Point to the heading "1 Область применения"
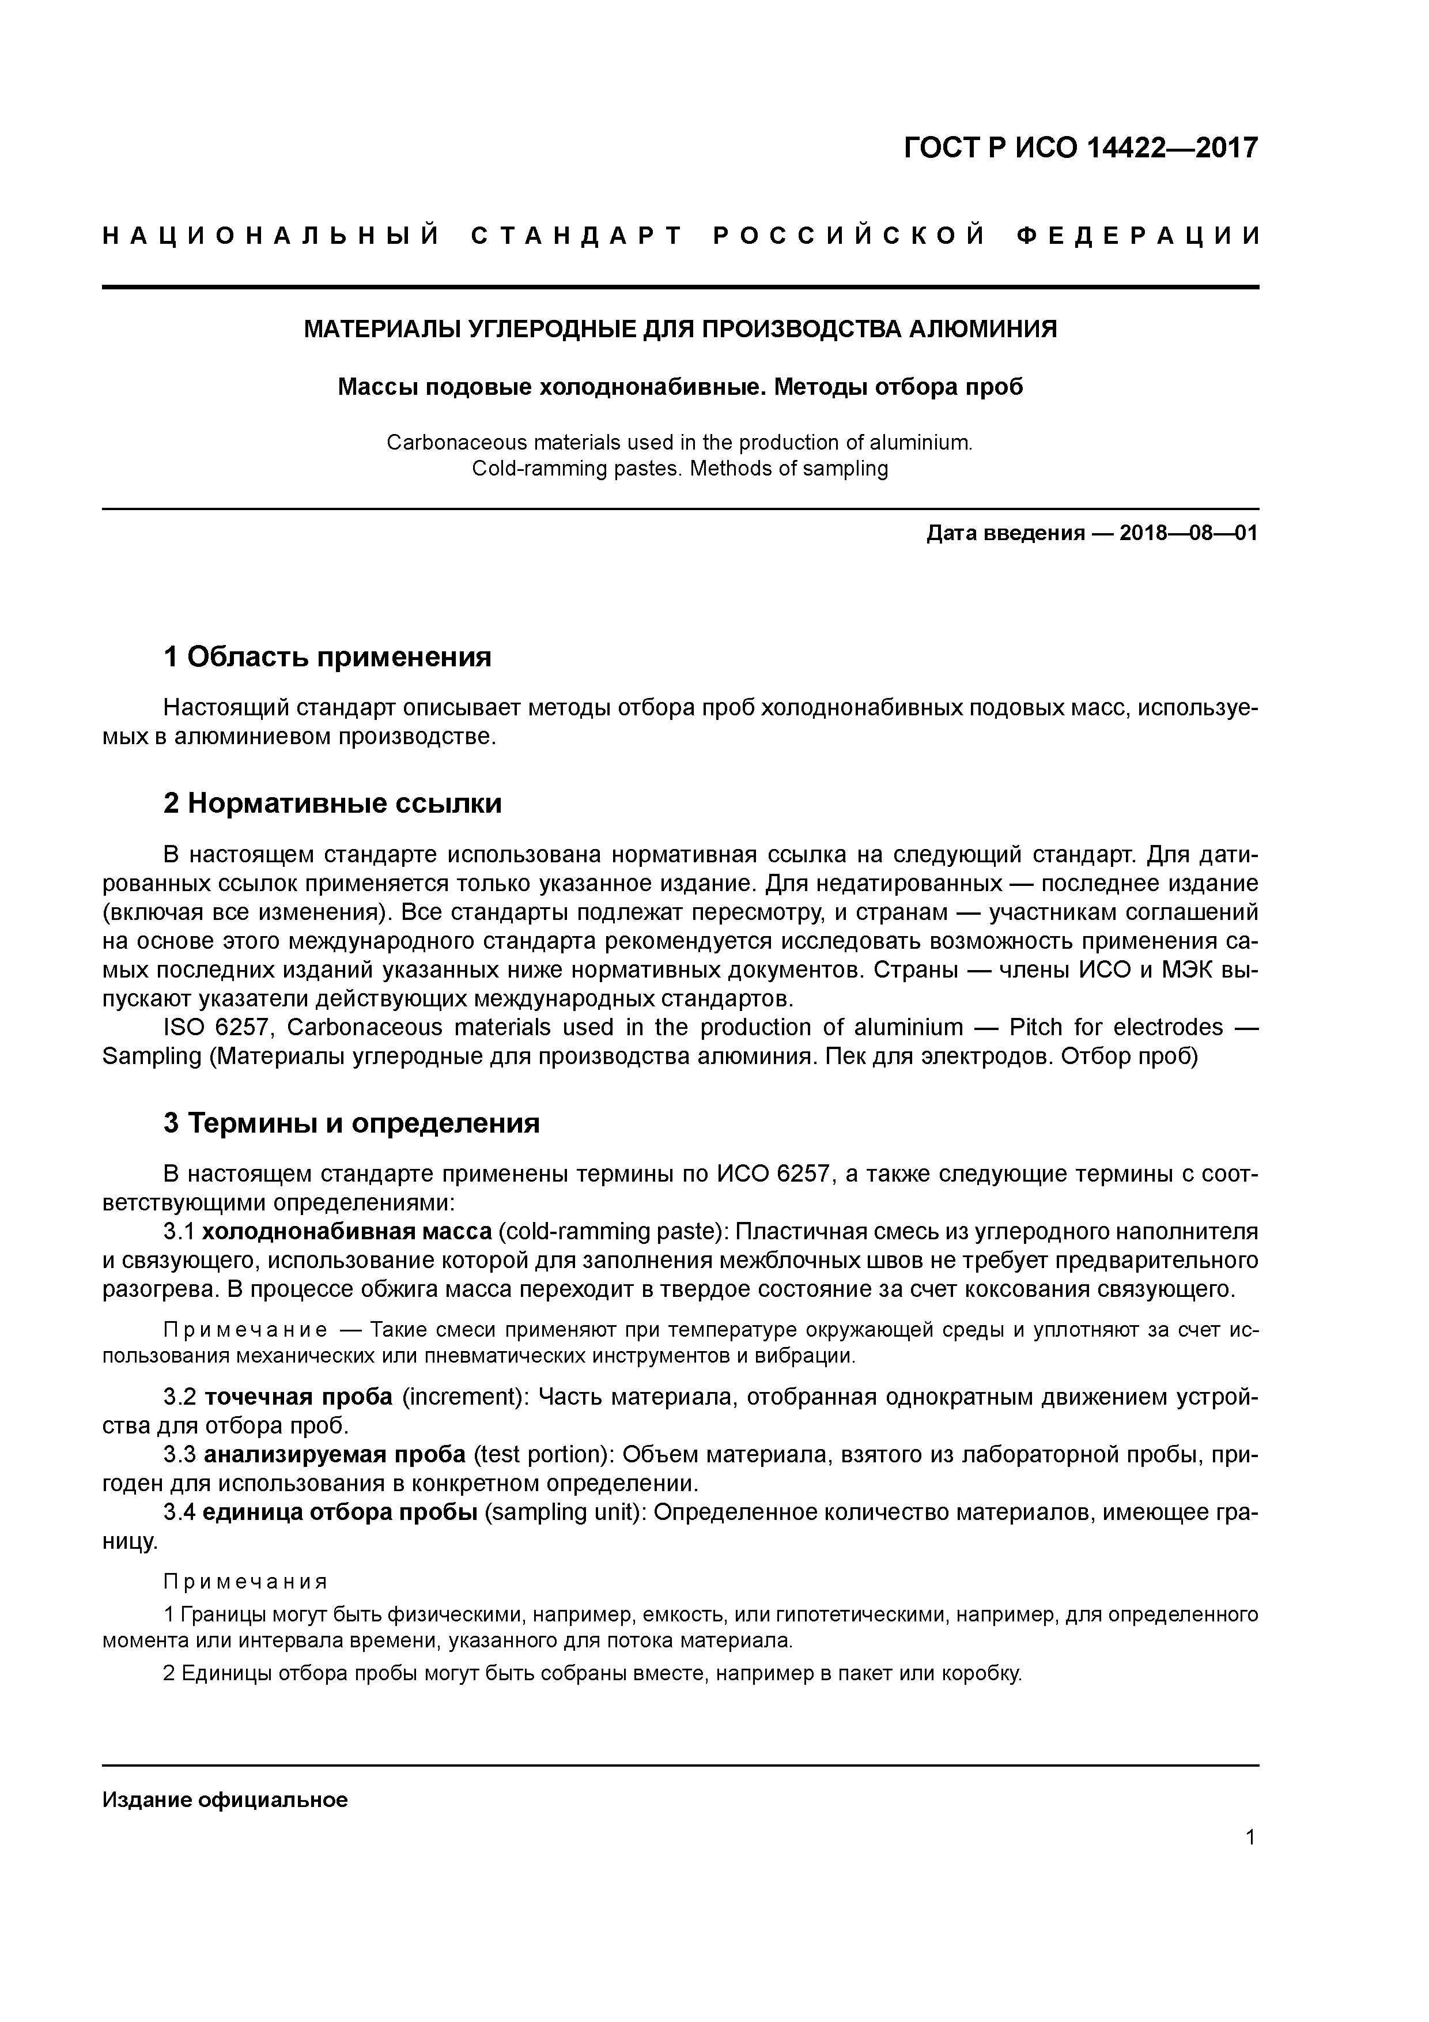[327, 657]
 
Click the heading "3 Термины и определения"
[351, 1123]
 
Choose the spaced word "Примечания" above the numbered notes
[245, 1582]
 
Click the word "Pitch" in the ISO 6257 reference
[1035, 1028]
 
